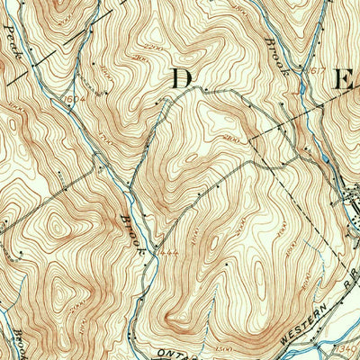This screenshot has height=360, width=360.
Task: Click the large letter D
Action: tap(182, 78)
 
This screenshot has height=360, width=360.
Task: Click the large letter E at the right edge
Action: tap(343, 80)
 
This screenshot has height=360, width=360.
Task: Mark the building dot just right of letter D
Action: tap(206, 90)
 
